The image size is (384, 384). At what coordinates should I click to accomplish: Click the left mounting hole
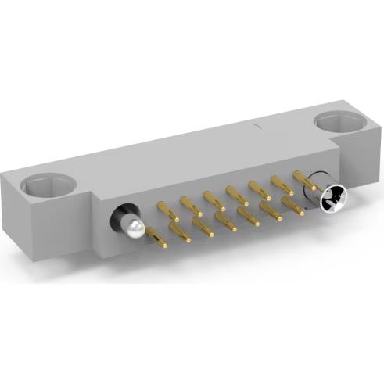(48, 185)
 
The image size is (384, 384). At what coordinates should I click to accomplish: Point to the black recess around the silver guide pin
(123, 217)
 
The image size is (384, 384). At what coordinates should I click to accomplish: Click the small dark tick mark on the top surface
(258, 124)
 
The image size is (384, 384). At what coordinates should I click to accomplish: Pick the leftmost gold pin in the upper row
(168, 210)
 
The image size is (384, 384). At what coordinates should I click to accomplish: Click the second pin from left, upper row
(191, 206)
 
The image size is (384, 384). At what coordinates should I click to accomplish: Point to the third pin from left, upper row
(214, 200)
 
